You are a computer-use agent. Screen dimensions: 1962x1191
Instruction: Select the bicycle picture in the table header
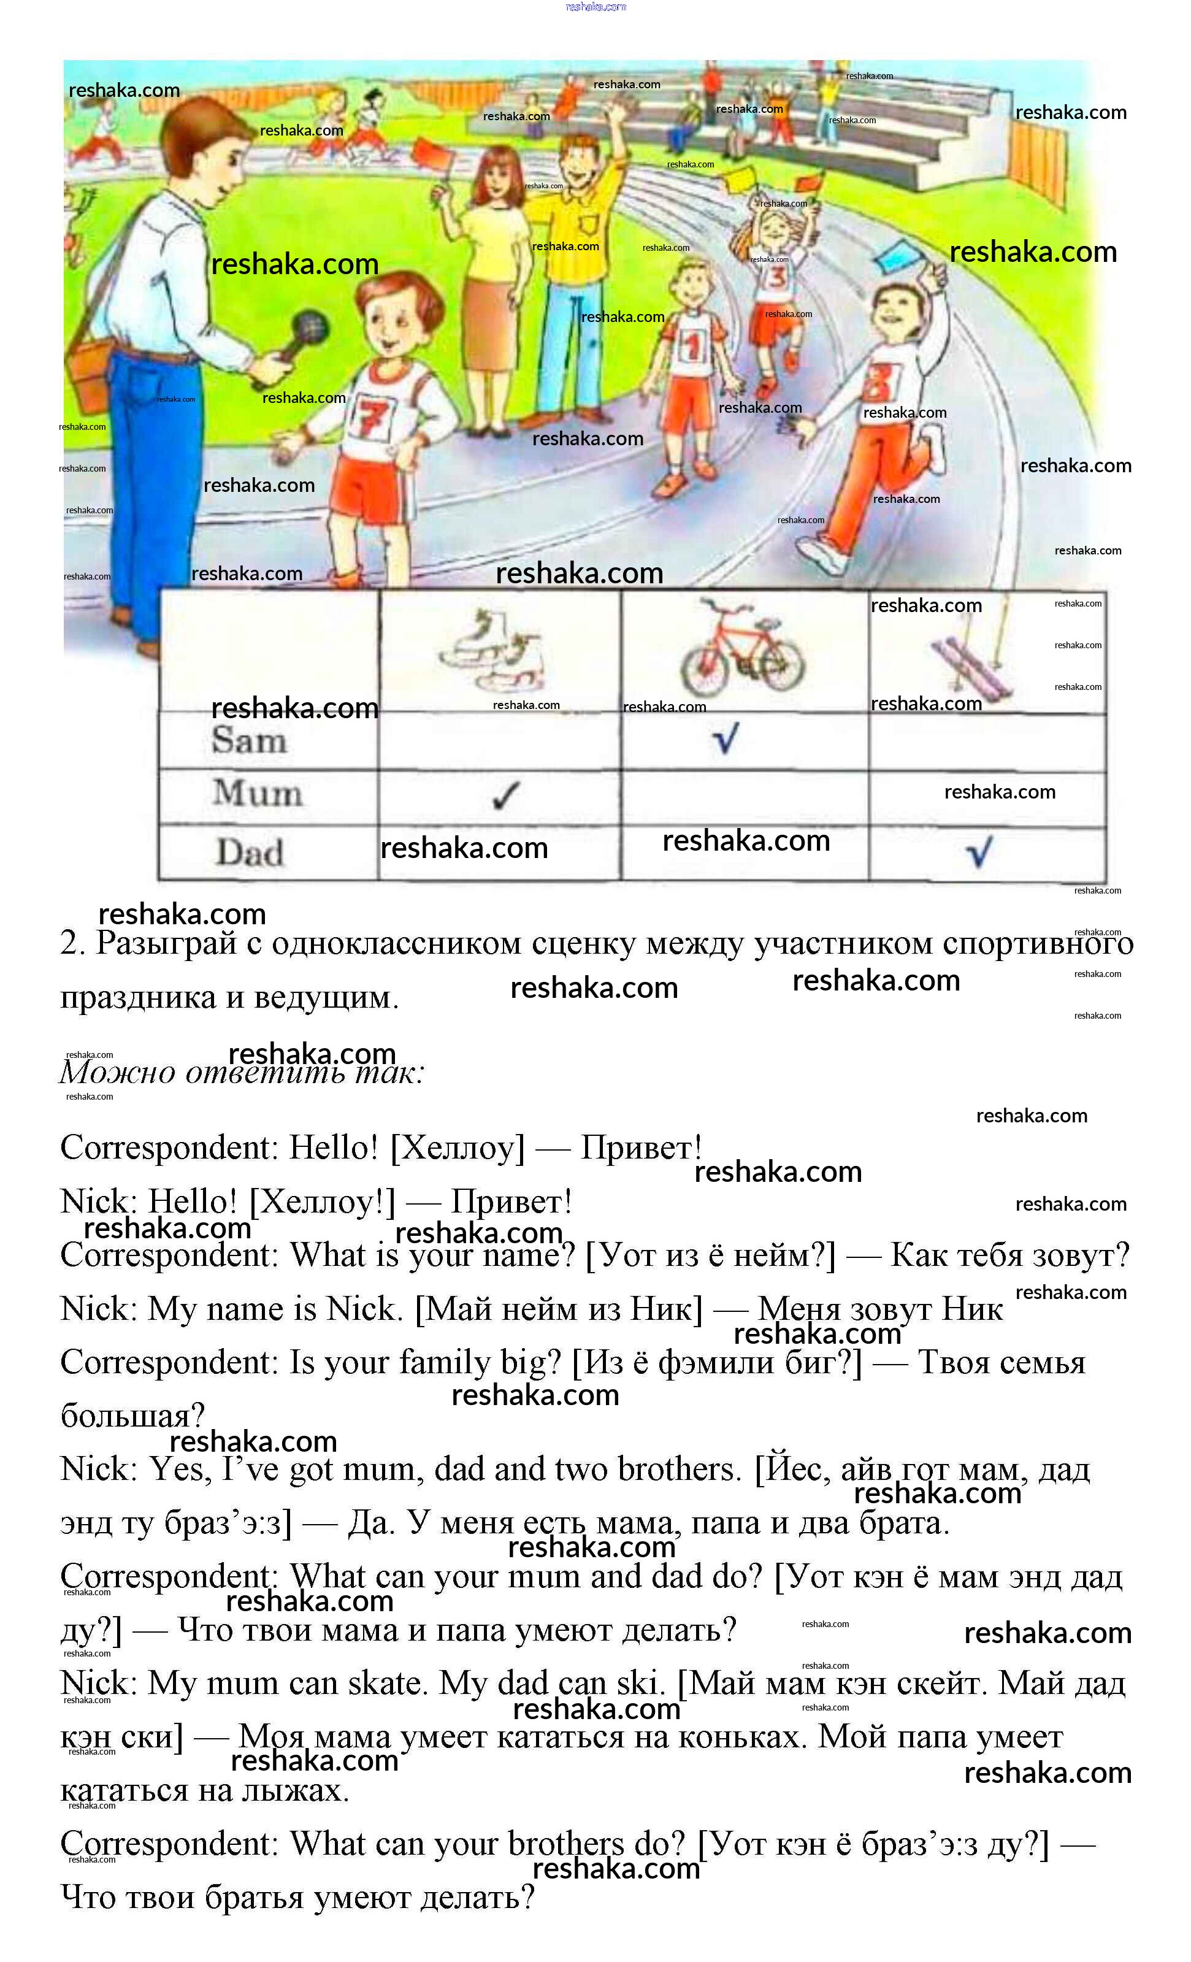(742, 649)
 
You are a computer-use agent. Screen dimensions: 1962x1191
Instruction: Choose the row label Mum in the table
(257, 794)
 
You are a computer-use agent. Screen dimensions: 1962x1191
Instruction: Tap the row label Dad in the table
(249, 853)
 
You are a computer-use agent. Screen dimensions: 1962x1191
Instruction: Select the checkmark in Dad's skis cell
(978, 852)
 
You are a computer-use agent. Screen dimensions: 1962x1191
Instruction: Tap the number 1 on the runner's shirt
(691, 345)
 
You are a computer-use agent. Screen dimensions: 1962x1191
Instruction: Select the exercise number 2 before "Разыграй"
(71, 943)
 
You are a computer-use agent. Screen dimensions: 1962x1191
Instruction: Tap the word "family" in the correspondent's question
(445, 1362)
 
